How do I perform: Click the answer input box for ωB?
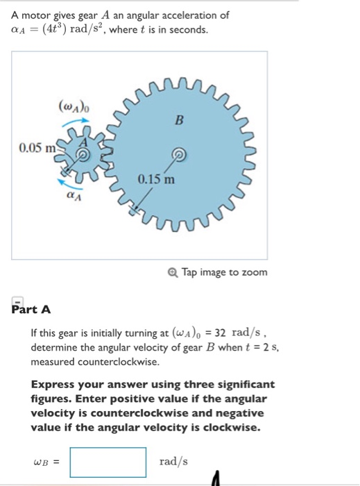tap(108, 462)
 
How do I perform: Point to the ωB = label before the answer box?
tap(46, 462)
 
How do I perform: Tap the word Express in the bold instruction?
tap(51, 384)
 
